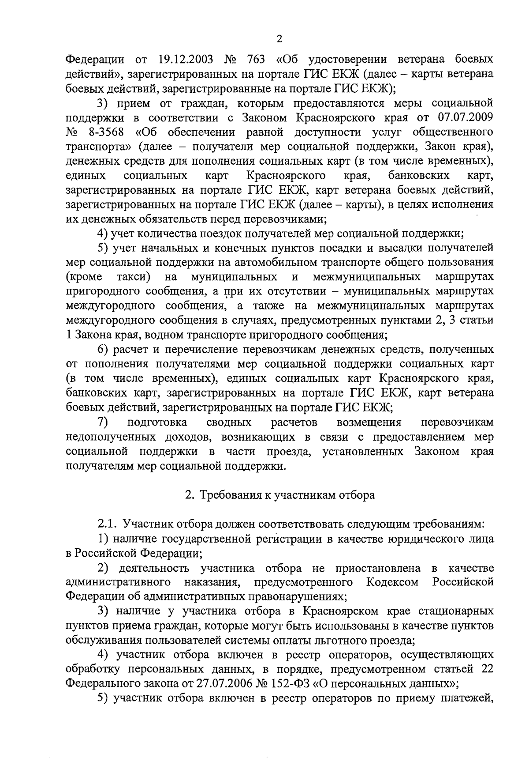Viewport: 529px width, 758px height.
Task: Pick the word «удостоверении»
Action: pos(347,60)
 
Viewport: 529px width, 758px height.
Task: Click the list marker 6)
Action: pos(103,350)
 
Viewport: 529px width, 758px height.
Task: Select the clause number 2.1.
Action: pos(107,524)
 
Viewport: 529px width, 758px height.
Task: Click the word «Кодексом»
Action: pos(392,582)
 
